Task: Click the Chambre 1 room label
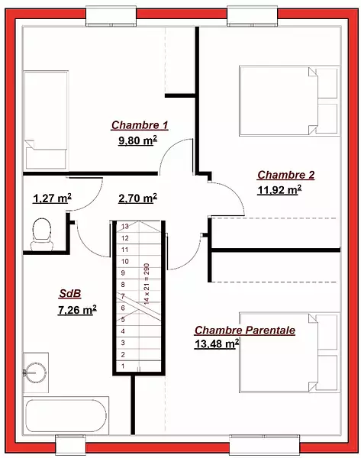click(140, 125)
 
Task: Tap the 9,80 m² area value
click(137, 140)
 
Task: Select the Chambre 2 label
click(286, 175)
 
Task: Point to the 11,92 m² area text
click(279, 190)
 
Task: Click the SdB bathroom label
click(70, 294)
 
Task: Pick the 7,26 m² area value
click(77, 310)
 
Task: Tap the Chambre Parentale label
click(245, 331)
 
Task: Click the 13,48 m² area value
click(217, 343)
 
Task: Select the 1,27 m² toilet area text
click(53, 198)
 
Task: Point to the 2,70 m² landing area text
click(137, 198)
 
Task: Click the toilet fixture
click(42, 234)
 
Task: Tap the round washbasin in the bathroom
click(35, 373)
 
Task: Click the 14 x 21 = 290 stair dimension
click(147, 284)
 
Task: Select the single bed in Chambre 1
click(46, 120)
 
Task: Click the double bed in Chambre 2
click(289, 101)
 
